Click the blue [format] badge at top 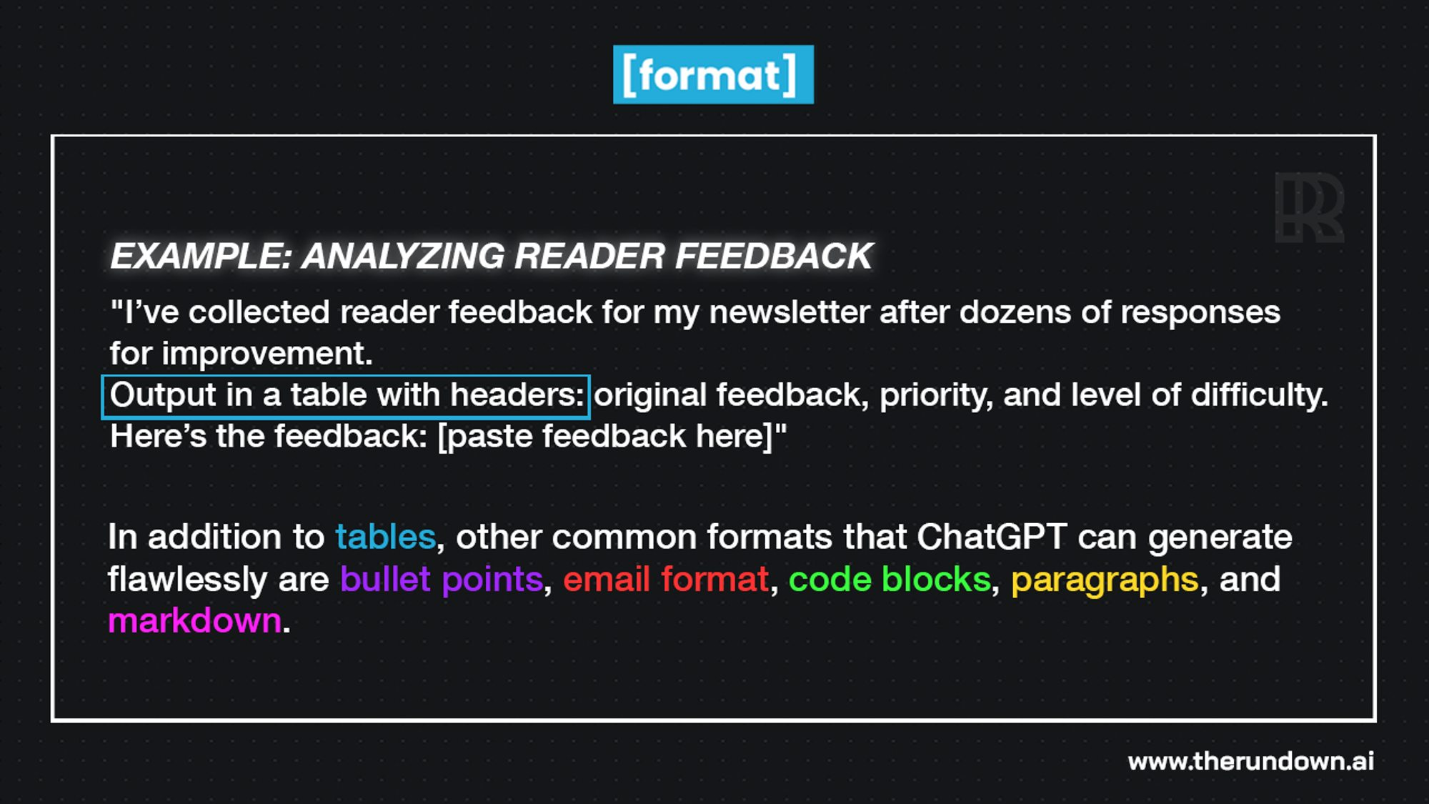coord(712,75)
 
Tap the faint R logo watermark coord(1309,207)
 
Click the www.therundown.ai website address coord(1250,761)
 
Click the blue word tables coord(386,537)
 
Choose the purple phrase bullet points coord(442,579)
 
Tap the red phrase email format coord(666,579)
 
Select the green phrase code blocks coord(890,579)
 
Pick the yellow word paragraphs coord(1105,579)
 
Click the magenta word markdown coord(194,620)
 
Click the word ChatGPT coord(992,537)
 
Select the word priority coord(935,395)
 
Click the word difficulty coord(1258,395)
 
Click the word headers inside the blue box coord(516,395)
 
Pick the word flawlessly coord(187,579)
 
